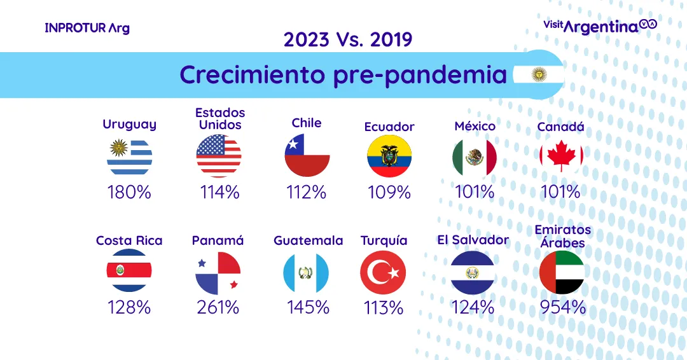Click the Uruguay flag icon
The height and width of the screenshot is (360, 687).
[x=130, y=156]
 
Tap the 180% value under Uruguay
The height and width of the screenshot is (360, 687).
[x=130, y=191]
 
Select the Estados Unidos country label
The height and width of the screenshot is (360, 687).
[x=220, y=118]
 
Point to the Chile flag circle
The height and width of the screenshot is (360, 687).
[x=307, y=155]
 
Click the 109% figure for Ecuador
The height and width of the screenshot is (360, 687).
[x=389, y=191]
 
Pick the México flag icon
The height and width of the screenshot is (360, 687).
[x=475, y=156]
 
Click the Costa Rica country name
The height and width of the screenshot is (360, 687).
[x=129, y=240]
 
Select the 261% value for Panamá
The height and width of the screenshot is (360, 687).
[x=218, y=307]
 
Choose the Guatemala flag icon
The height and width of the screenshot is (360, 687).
[x=306, y=273]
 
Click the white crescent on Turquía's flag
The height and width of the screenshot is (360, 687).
[x=380, y=273]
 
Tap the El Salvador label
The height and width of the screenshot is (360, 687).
[x=473, y=240]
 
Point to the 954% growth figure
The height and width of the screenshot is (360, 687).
[x=562, y=307]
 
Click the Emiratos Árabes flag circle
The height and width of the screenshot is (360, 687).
[x=562, y=272]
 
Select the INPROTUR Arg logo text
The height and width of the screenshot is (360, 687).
[x=87, y=28]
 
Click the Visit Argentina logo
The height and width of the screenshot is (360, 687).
[x=599, y=25]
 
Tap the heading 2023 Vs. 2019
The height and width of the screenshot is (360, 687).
[x=348, y=39]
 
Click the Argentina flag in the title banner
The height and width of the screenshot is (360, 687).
[x=539, y=75]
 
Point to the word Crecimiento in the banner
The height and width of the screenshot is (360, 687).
[x=253, y=74]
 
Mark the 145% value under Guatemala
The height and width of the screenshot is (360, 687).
[x=308, y=307]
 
